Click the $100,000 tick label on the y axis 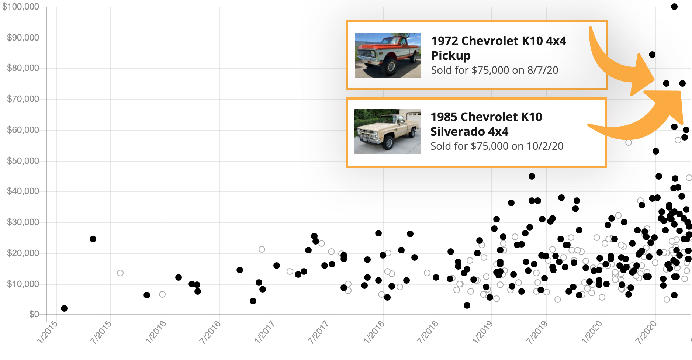click(21, 7)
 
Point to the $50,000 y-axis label click(23, 161)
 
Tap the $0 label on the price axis click(34, 314)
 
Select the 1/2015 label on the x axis click(48, 332)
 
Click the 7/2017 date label click(318, 332)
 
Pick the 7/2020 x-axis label click(646, 332)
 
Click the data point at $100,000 click(674, 7)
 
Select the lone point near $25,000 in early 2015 click(93, 239)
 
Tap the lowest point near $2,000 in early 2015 click(64, 308)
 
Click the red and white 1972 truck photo click(388, 56)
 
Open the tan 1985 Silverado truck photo click(387, 132)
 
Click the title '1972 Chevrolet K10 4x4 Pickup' click(498, 48)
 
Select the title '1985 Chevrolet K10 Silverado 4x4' click(486, 124)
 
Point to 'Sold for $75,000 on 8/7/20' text click(495, 70)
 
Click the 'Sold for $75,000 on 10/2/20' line click(497, 146)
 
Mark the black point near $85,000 click(652, 55)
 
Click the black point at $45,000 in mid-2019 click(532, 176)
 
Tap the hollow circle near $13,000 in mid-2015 click(120, 273)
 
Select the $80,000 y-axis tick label click(23, 68)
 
